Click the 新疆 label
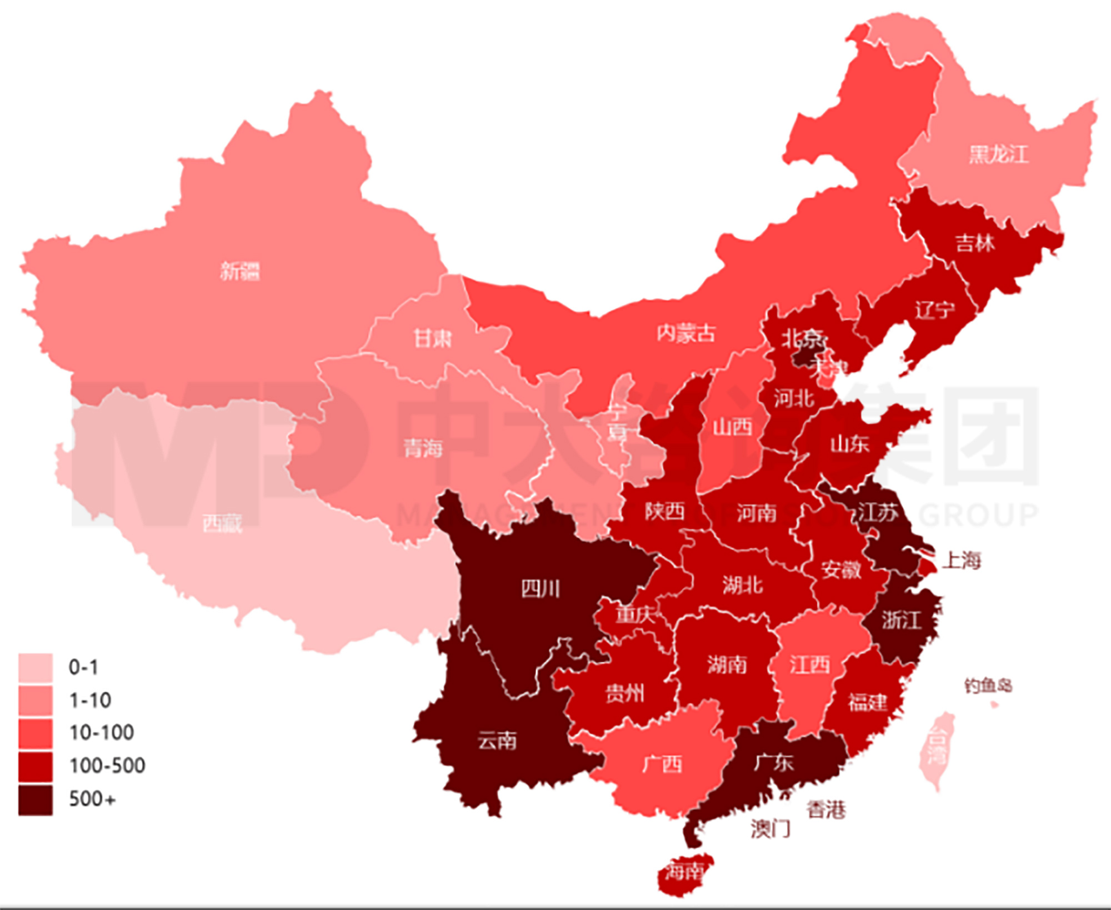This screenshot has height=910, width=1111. click(x=240, y=271)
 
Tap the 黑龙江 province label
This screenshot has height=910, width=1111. click(x=998, y=154)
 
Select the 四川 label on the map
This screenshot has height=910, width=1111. click(x=540, y=589)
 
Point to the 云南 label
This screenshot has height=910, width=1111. click(x=497, y=741)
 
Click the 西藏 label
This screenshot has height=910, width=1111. click(x=222, y=523)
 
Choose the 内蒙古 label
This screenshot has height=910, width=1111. click(x=686, y=333)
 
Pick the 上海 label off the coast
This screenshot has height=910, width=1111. click(x=962, y=560)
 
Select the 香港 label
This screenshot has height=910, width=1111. click(x=826, y=810)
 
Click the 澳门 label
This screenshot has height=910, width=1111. click(x=770, y=829)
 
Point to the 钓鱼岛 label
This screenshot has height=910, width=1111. click(x=988, y=686)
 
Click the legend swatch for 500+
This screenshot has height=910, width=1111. click(x=36, y=800)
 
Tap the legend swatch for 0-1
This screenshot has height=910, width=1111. click(x=36, y=668)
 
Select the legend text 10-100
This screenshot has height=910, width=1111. click(x=102, y=733)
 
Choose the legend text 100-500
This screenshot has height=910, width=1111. click(x=107, y=766)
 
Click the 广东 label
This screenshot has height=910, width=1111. click(x=773, y=763)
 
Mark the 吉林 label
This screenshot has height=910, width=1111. click(x=975, y=243)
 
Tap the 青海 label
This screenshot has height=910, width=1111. click(x=423, y=448)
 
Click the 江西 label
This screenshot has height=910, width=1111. click(x=810, y=664)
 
